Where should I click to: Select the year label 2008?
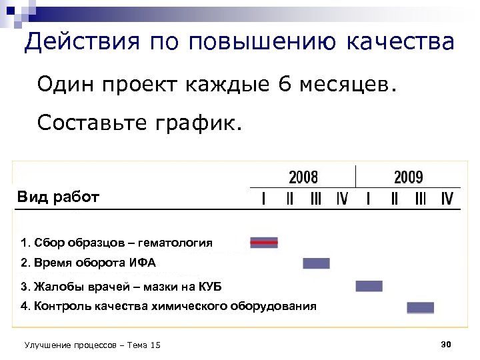tap(303, 177)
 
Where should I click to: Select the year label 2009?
tap(408, 177)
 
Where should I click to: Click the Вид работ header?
tap(58, 197)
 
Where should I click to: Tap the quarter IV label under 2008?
tap(341, 199)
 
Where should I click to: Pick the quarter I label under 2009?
tap(368, 199)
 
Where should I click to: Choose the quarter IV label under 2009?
tap(447, 199)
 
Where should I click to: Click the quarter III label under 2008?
tap(315, 199)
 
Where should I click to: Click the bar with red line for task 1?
tap(264, 243)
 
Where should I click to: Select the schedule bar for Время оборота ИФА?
tap(316, 263)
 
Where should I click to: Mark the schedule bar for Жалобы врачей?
tap(369, 286)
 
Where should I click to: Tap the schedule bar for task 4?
tap(420, 307)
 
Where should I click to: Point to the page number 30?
tap(447, 344)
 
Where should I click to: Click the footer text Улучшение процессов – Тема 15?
tap(92, 345)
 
